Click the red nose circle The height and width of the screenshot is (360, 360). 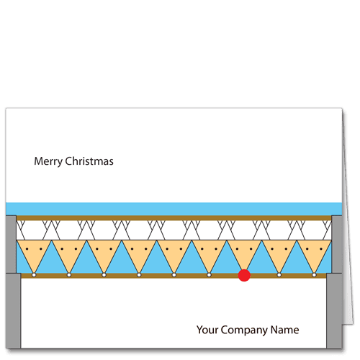[244, 275]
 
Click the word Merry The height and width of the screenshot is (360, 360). [48, 162]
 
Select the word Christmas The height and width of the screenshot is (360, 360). [89, 161]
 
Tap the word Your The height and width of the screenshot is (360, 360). [207, 330]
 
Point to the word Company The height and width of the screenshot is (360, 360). [245, 330]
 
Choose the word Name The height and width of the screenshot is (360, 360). [285, 330]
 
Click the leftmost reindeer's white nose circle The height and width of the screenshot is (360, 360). [34, 275]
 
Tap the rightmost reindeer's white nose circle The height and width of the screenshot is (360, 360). [314, 275]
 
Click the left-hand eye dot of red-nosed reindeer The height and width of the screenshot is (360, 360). [237, 249]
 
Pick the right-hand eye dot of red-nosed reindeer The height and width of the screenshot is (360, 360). [251, 249]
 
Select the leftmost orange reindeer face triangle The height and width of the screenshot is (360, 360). [34, 252]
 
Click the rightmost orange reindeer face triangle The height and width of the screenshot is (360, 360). [314, 252]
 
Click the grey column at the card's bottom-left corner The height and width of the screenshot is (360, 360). [13, 311]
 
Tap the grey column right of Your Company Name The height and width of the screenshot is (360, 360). [334, 311]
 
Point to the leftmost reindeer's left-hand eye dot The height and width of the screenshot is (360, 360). [27, 249]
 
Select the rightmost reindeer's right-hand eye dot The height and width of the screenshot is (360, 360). [321, 249]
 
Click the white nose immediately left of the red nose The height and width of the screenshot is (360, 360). [209, 275]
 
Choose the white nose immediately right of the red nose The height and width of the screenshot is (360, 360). [279, 275]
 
